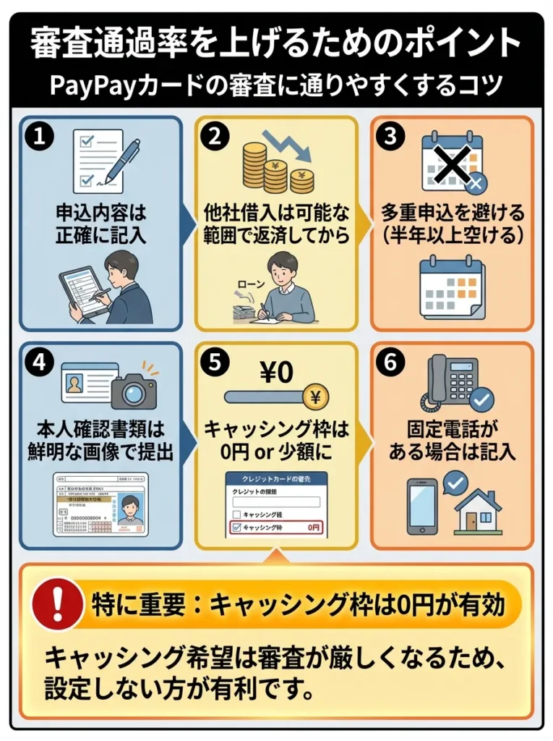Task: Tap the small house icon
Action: click(x=476, y=510)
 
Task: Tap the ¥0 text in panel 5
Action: click(x=275, y=373)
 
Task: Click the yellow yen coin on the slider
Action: click(x=315, y=397)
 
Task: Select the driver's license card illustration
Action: click(x=101, y=504)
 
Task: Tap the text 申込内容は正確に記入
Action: click(x=100, y=224)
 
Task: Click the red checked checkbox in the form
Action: click(x=234, y=528)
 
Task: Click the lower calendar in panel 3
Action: click(x=452, y=287)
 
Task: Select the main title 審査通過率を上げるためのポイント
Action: click(x=275, y=44)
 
